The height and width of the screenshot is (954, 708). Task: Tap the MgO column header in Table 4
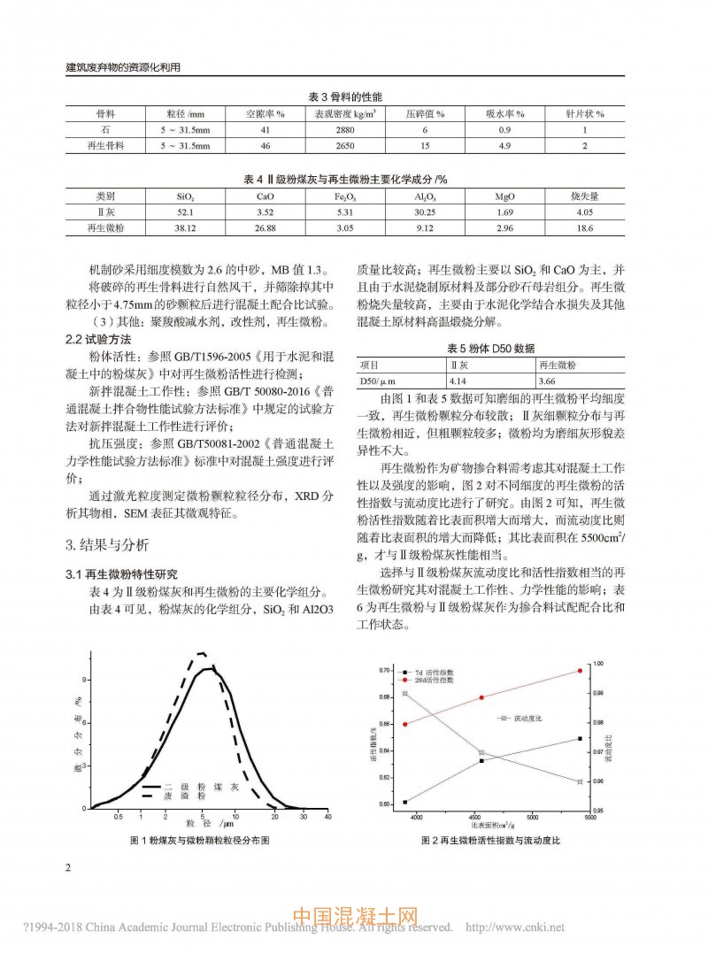coord(504,196)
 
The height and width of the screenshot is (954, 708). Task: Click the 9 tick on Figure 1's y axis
coord(85,680)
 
